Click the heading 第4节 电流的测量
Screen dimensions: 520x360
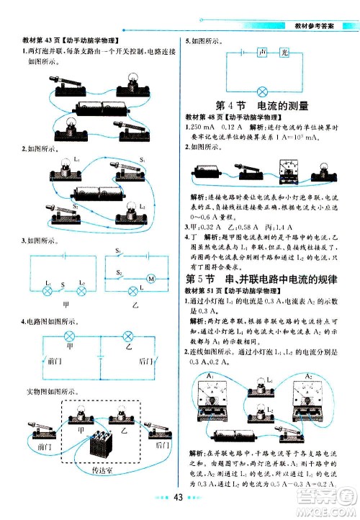pyautogui.click(x=262, y=106)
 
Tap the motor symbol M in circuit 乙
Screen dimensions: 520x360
pyautogui.click(x=151, y=278)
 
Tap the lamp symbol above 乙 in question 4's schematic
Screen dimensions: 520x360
pyautogui.click(x=127, y=336)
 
